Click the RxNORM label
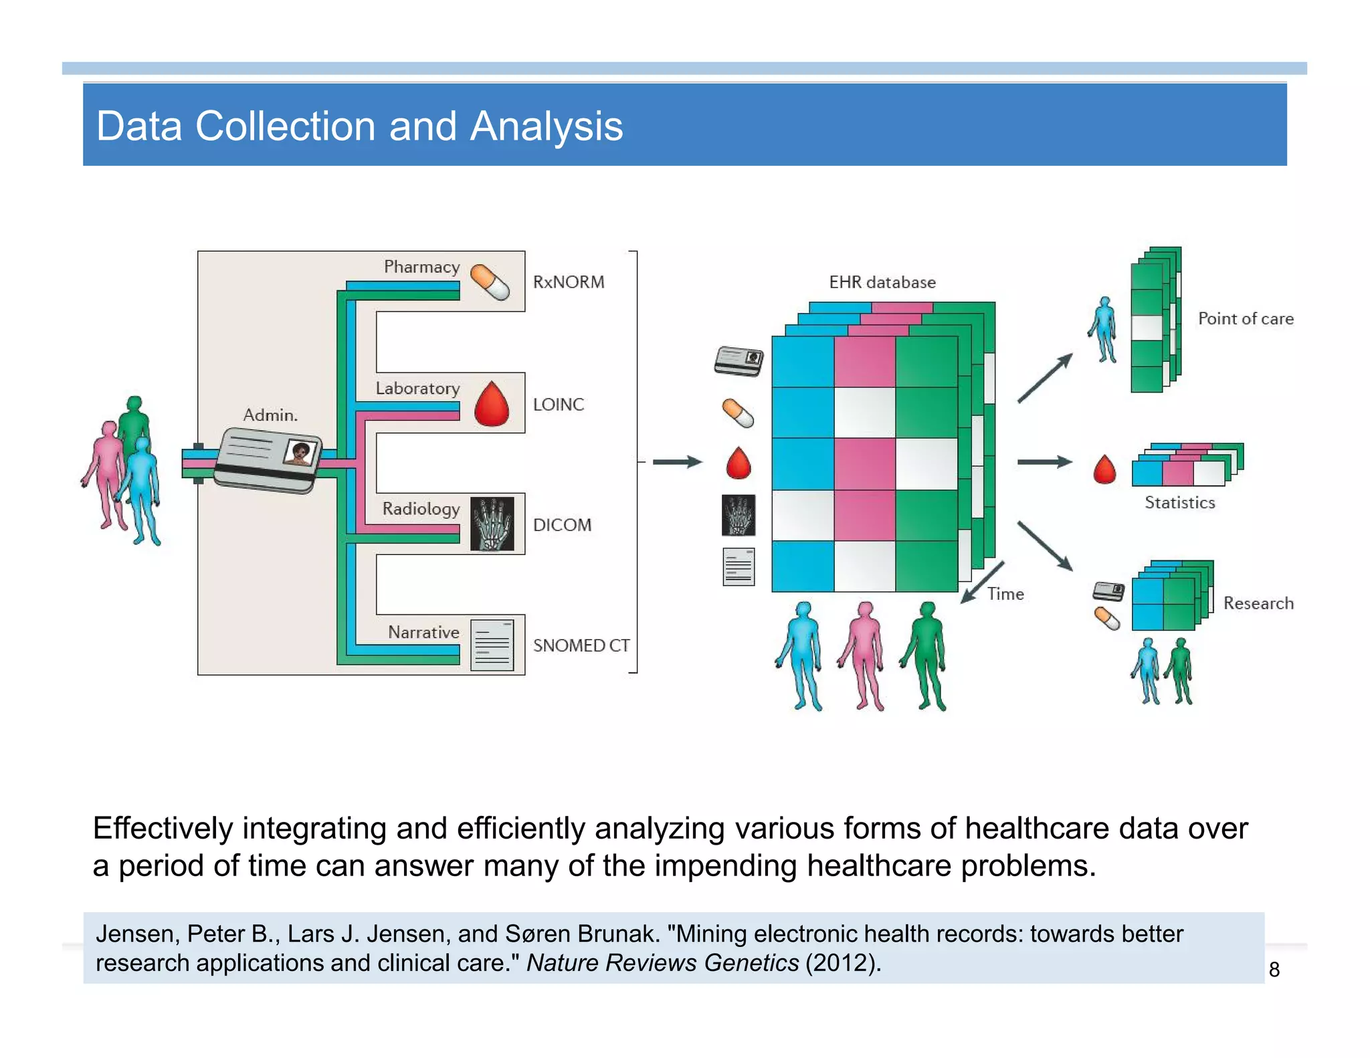(x=568, y=282)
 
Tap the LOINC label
(x=558, y=405)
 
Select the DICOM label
(x=562, y=525)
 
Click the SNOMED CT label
(x=581, y=645)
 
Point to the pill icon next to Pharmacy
(x=490, y=282)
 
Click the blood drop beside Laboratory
(x=492, y=405)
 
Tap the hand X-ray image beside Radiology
(x=492, y=524)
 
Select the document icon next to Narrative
(x=492, y=645)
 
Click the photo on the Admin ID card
(x=299, y=453)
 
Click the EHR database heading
(x=882, y=282)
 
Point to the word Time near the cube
(x=1005, y=594)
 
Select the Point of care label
(x=1245, y=319)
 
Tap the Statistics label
(x=1179, y=503)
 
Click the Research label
(x=1258, y=603)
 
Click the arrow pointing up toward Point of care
(x=1045, y=378)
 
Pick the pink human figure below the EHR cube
(x=864, y=655)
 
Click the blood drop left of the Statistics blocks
(x=1104, y=469)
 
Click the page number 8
(x=1274, y=970)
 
